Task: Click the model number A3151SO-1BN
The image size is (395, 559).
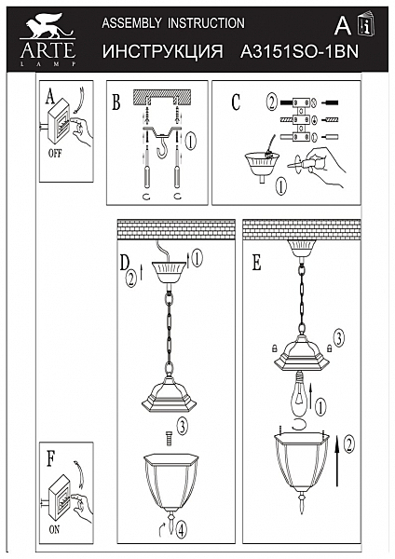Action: [x=299, y=52]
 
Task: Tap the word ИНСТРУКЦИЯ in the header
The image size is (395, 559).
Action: [x=162, y=52]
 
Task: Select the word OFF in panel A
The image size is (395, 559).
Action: [x=55, y=154]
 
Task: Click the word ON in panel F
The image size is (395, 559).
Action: [x=54, y=530]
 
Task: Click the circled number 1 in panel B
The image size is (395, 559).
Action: [x=191, y=142]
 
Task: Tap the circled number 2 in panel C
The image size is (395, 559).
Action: [x=272, y=102]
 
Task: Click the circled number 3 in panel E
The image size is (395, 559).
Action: [x=339, y=338]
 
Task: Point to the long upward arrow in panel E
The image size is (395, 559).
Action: [x=336, y=460]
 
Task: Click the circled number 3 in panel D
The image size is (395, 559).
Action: [x=182, y=426]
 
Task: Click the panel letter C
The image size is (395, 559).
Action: [x=236, y=102]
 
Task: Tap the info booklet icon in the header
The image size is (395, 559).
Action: [x=366, y=24]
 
